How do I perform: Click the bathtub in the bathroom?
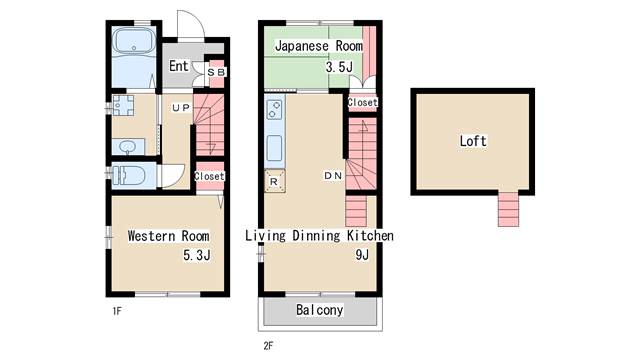point(134,41)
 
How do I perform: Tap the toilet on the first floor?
point(129,176)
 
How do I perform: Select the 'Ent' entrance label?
point(179,66)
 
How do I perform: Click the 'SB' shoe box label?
point(216,72)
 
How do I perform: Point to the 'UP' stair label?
point(181,108)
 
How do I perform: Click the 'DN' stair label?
point(333,176)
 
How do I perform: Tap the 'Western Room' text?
point(169,236)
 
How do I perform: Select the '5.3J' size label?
point(197,256)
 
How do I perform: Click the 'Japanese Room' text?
point(319,46)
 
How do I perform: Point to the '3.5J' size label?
point(339,67)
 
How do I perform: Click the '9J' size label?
point(362,255)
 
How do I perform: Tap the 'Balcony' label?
point(320,310)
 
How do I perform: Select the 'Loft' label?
point(473,141)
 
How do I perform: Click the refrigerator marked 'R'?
point(274,181)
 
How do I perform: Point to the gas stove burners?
point(274,110)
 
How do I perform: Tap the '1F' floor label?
point(117,311)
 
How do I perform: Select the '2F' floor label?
point(268,346)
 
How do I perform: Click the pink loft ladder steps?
point(508,209)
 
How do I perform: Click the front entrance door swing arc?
point(199,21)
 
